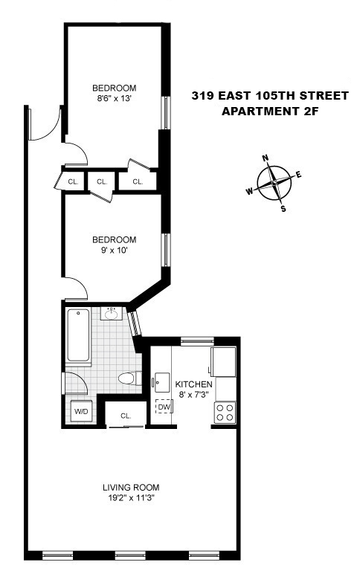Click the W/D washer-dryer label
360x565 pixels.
pyautogui.click(x=79, y=411)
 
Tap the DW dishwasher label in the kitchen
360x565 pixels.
pyautogui.click(x=163, y=407)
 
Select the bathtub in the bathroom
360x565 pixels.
pyautogui.click(x=77, y=335)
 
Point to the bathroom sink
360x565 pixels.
pyautogui.click(x=113, y=313)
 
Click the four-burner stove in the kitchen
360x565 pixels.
pyautogui.click(x=225, y=412)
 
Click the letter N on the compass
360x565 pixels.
pyautogui.click(x=265, y=158)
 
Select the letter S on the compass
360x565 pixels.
pyautogui.click(x=283, y=209)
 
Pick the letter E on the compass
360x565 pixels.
pyautogui.click(x=299, y=175)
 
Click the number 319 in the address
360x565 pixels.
pyautogui.click(x=202, y=96)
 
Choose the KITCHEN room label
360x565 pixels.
pyautogui.click(x=193, y=384)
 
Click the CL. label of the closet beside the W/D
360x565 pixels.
pyautogui.click(x=126, y=416)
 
